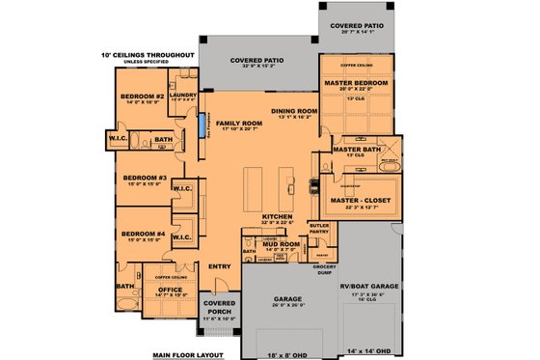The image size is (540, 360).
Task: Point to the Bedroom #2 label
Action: click(143, 97)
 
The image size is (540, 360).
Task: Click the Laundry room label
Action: click(182, 96)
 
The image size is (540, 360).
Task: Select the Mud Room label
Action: click(283, 244)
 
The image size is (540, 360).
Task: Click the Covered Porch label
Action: click(217, 309)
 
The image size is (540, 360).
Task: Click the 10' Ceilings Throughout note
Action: click(148, 55)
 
